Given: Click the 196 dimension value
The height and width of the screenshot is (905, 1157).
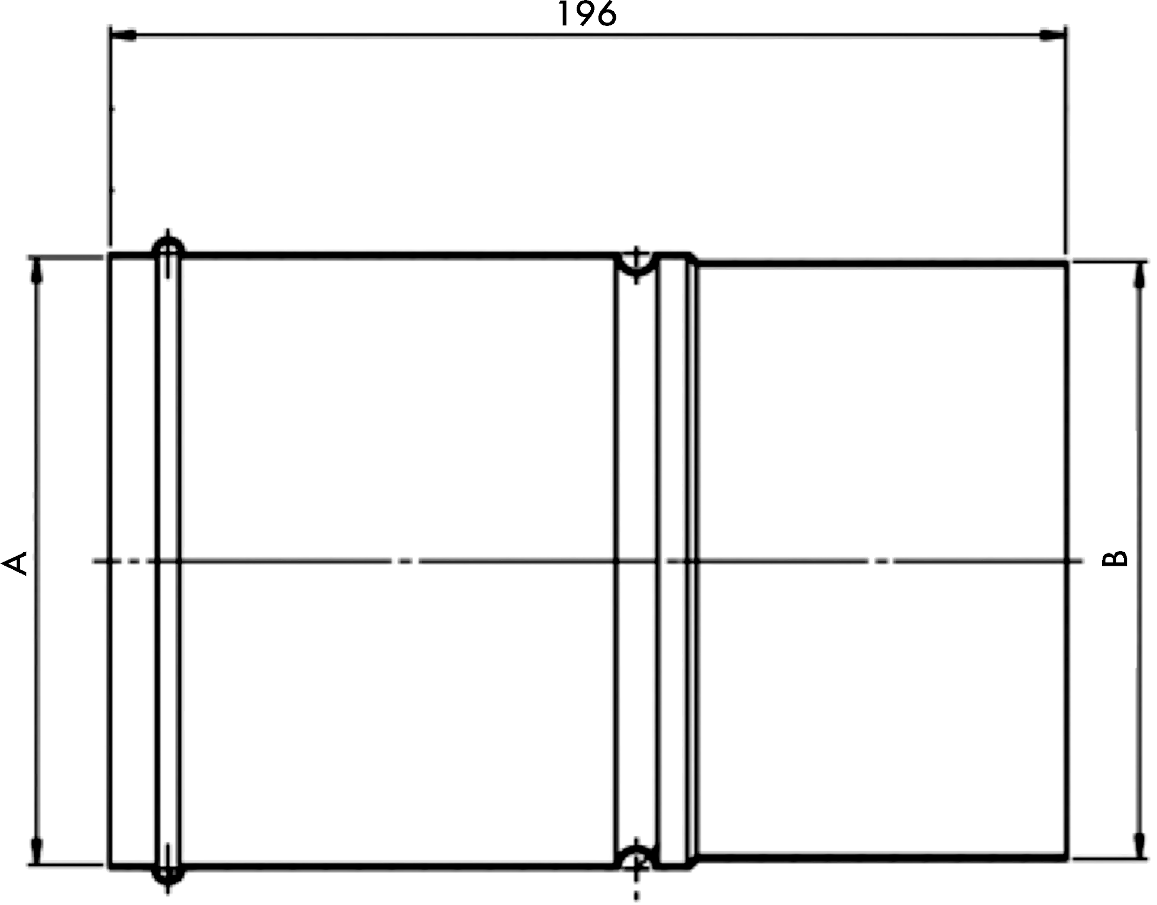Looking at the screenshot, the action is (x=587, y=14).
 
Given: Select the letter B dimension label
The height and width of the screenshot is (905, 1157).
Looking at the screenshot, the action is (x=1116, y=559).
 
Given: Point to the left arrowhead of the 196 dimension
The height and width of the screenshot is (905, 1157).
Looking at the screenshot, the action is (x=123, y=36).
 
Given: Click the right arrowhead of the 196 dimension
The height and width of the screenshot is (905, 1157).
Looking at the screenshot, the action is (x=1052, y=36).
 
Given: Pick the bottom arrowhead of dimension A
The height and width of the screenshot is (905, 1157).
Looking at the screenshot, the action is (x=37, y=851).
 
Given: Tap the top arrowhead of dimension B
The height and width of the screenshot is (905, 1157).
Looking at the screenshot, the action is (x=1138, y=275).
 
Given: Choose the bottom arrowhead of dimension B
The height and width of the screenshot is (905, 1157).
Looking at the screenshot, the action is (x=1138, y=845).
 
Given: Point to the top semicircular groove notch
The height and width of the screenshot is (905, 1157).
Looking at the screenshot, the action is (x=636, y=265).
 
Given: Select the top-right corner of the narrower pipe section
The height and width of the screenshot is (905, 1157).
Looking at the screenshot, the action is (x=1066, y=263).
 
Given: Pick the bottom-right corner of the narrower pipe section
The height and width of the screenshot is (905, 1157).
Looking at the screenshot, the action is (x=1066, y=859).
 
